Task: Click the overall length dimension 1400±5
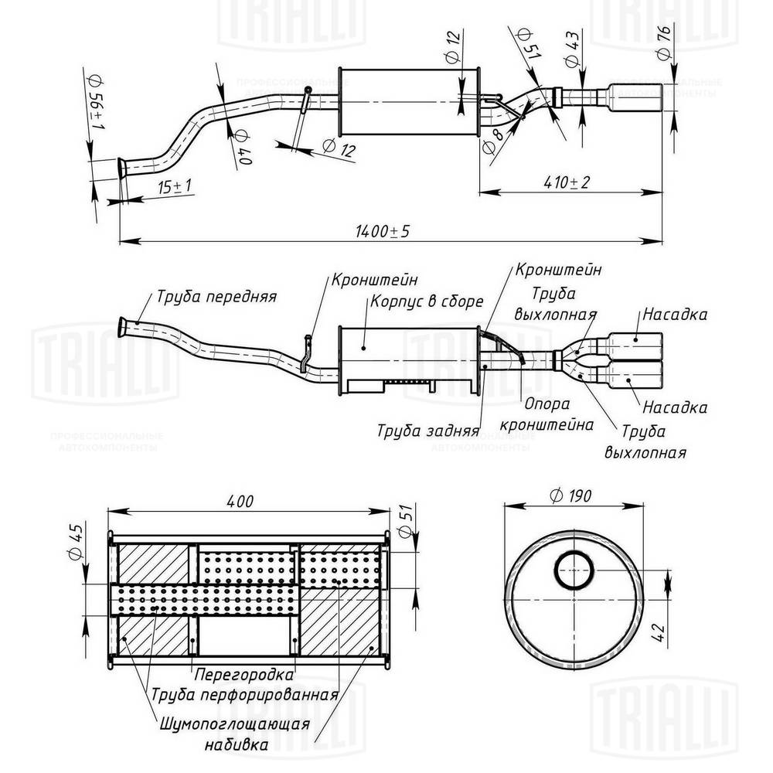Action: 382,231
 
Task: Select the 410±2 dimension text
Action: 566,182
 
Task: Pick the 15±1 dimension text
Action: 175,186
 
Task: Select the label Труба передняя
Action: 216,296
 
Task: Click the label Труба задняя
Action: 427,430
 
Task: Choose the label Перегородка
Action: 244,673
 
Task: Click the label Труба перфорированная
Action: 245,693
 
